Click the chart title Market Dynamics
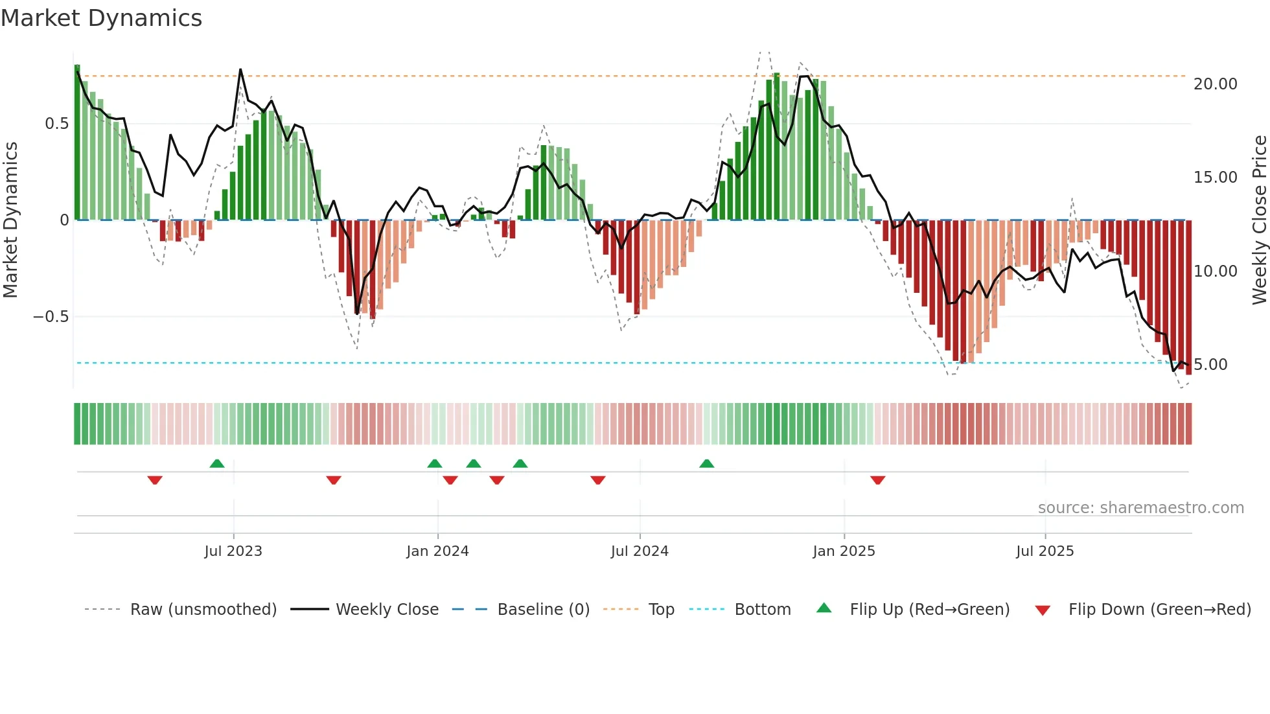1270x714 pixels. [102, 18]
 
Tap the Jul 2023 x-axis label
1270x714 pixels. [233, 551]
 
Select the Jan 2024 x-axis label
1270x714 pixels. [437, 551]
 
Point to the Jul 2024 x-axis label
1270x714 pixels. [640, 551]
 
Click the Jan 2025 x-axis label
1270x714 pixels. [844, 551]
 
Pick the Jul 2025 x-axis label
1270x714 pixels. [1045, 551]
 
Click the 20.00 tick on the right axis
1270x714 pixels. [1215, 84]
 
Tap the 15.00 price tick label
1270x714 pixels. [1215, 178]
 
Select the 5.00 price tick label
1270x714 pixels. [1210, 365]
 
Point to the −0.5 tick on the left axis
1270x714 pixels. [51, 317]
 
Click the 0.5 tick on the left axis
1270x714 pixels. [56, 124]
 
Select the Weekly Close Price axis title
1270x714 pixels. [1259, 220]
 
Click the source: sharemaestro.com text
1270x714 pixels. [1140, 508]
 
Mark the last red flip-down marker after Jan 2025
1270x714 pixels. [878, 480]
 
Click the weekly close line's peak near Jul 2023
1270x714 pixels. [240, 69]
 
